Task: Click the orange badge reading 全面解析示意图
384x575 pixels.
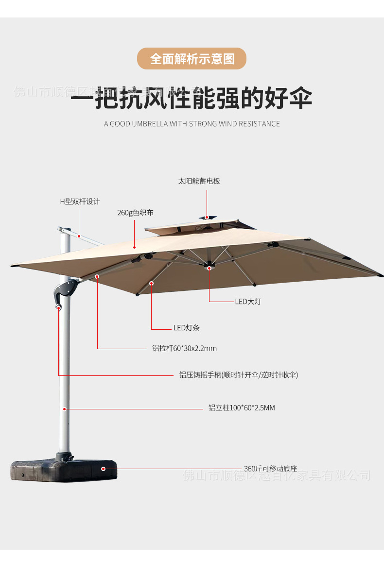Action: [192, 59]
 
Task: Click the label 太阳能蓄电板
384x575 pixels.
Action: [199, 181]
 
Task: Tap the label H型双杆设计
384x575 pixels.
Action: [80, 201]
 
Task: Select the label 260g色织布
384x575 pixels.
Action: [136, 213]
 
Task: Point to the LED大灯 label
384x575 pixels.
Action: [248, 302]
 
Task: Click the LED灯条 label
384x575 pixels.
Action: [186, 328]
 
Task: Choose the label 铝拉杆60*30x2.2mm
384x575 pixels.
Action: [184, 348]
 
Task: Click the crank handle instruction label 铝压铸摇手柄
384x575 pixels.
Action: [238, 374]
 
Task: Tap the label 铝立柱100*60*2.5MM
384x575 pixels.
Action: [242, 408]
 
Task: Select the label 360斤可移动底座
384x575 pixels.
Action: [270, 469]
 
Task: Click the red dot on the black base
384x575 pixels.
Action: [103, 469]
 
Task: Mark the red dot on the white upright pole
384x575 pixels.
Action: [64, 409]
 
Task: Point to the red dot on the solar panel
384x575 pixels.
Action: [207, 217]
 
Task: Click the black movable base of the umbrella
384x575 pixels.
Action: [63, 470]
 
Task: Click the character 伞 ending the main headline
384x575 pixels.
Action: [300, 99]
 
